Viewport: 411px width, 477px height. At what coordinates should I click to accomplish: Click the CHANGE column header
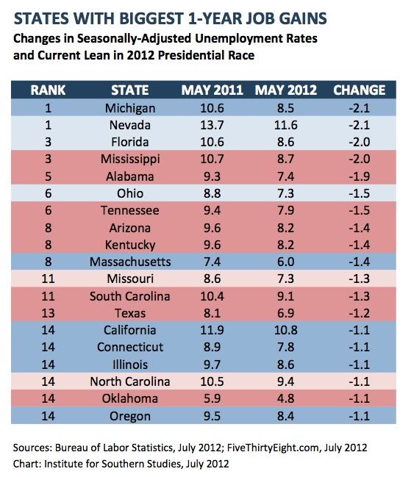pyautogui.click(x=360, y=90)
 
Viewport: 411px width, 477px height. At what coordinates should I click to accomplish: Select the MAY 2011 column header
pyautogui.click(x=212, y=90)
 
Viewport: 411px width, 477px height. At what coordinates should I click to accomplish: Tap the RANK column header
pyautogui.click(x=48, y=90)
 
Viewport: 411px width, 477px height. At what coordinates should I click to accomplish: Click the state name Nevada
pyautogui.click(x=130, y=125)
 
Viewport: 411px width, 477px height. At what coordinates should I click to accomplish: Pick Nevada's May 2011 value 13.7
pyautogui.click(x=212, y=125)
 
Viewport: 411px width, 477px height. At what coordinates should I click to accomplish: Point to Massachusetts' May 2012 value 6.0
pyautogui.click(x=286, y=262)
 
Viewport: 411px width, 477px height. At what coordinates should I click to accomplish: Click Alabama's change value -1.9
pyautogui.click(x=360, y=176)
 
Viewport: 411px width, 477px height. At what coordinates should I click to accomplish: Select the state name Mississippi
pyautogui.click(x=130, y=159)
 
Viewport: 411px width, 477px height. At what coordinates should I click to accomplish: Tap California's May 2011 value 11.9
pyautogui.click(x=212, y=330)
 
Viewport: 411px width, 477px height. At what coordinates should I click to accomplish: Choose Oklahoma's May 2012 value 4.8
pyautogui.click(x=286, y=398)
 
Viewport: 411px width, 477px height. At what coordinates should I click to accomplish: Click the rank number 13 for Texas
pyautogui.click(x=48, y=313)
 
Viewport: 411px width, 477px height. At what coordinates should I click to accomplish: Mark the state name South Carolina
pyautogui.click(x=130, y=296)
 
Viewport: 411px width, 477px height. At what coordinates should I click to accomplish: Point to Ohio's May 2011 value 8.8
pyautogui.click(x=212, y=193)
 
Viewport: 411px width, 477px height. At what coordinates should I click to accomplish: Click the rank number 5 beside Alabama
pyautogui.click(x=48, y=176)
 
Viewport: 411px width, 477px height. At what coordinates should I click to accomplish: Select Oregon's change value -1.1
pyautogui.click(x=360, y=416)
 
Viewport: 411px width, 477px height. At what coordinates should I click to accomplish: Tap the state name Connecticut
pyautogui.click(x=130, y=347)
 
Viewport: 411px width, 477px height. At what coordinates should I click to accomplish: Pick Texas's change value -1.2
pyautogui.click(x=360, y=313)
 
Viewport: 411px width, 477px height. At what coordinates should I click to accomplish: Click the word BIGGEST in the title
pyautogui.click(x=151, y=18)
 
